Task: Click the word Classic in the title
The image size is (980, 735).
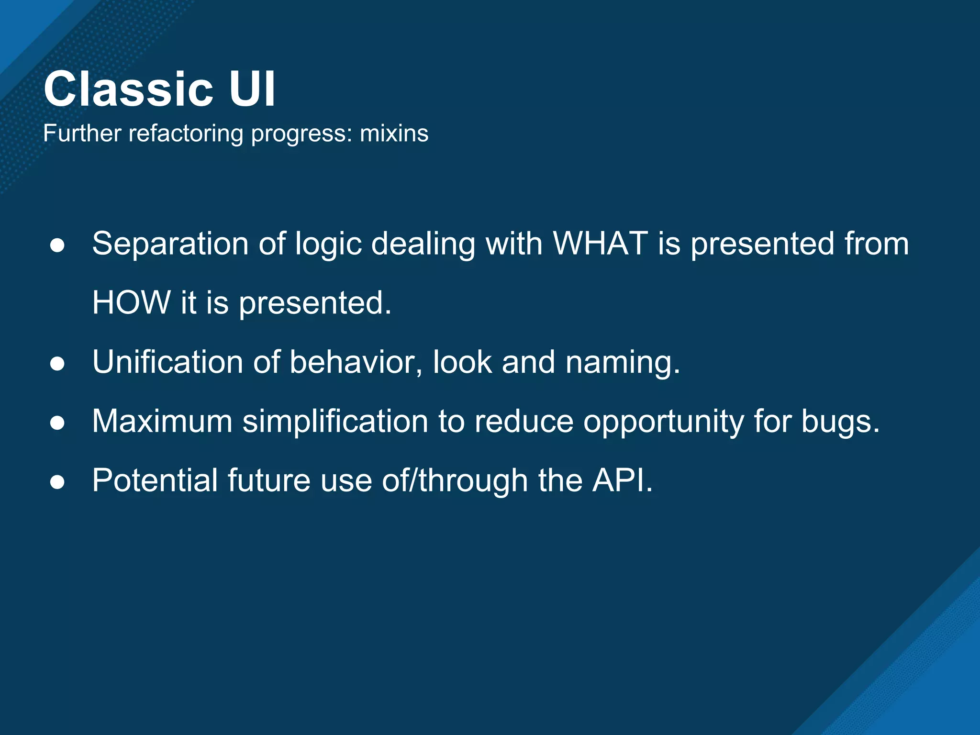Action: click(128, 89)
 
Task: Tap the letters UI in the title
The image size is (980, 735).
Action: click(252, 89)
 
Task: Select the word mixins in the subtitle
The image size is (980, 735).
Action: click(394, 134)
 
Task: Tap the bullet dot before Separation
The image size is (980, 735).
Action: click(57, 245)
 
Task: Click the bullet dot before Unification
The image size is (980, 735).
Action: click(57, 364)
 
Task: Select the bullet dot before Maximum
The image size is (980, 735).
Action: click(57, 423)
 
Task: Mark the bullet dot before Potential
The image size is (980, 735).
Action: click(57, 482)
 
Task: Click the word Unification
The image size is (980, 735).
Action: click(167, 362)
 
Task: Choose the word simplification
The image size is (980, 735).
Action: click(335, 422)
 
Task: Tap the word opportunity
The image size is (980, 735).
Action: click(663, 422)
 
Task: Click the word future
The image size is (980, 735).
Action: click(269, 480)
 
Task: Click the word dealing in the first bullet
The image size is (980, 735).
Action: click(423, 244)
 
